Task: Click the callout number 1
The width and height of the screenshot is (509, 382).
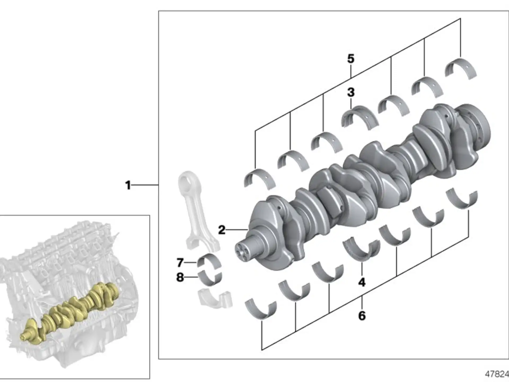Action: pyautogui.click(x=128, y=185)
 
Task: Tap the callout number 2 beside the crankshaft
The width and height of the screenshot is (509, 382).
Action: pyautogui.click(x=222, y=230)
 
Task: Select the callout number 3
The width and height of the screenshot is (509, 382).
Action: pyautogui.click(x=351, y=92)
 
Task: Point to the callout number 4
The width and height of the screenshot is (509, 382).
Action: pyautogui.click(x=362, y=282)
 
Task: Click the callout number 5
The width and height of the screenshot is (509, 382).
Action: pyautogui.click(x=351, y=59)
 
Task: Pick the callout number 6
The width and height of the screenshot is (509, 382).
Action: pyautogui.click(x=362, y=316)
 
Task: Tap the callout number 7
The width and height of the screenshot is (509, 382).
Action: pyautogui.click(x=180, y=263)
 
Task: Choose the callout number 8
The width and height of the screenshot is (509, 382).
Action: pyautogui.click(x=180, y=277)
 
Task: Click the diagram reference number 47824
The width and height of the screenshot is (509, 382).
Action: pyautogui.click(x=497, y=374)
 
